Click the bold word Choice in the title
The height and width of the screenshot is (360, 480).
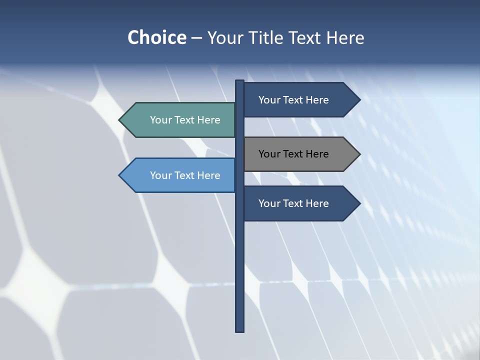point(156,37)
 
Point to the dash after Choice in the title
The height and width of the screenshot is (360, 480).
point(196,38)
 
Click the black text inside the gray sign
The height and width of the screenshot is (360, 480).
point(293,154)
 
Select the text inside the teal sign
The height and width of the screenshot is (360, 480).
point(185,120)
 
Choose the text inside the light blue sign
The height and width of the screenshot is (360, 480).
point(185,175)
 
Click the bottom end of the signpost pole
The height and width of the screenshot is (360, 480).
point(239,329)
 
